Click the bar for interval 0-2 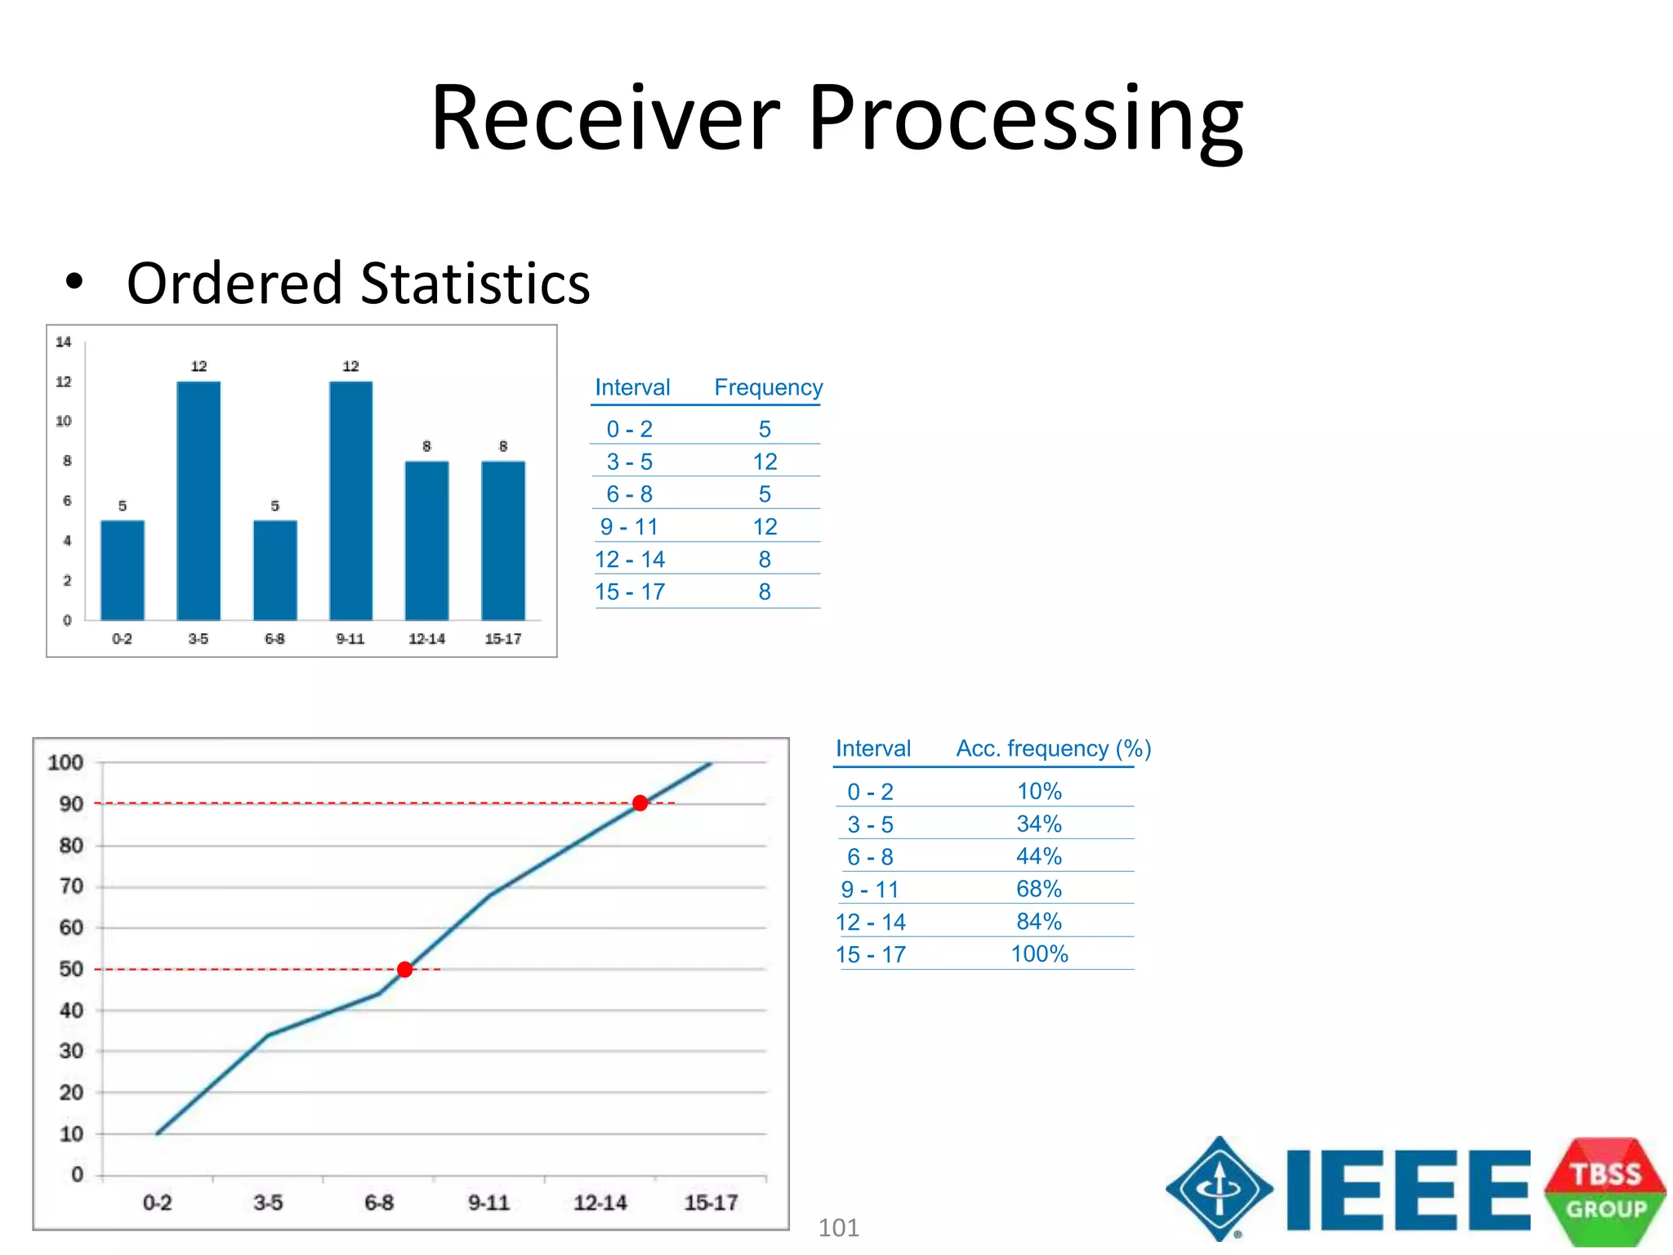click(123, 569)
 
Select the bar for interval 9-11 click(351, 500)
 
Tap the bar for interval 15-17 click(503, 540)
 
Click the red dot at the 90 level click(640, 803)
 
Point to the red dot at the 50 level click(404, 970)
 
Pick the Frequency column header click(768, 387)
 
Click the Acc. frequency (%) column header click(1053, 748)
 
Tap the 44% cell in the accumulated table click(1038, 856)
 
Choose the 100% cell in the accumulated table click(1039, 954)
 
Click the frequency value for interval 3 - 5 click(765, 462)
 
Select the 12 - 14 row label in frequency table click(630, 560)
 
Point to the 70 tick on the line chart click(72, 887)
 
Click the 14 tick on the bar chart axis click(64, 342)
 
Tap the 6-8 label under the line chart click(379, 1203)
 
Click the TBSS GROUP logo click(1605, 1191)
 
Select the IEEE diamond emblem click(1220, 1189)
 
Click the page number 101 click(838, 1228)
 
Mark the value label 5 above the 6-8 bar click(275, 507)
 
